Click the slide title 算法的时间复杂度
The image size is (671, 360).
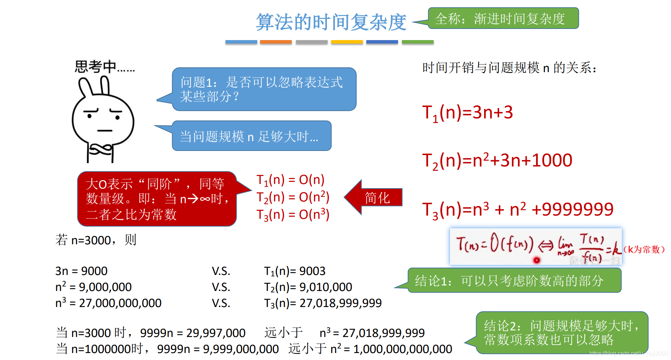[x=331, y=22]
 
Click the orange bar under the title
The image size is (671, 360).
[x=276, y=42]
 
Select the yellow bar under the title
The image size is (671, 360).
[x=347, y=42]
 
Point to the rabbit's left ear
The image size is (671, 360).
[x=85, y=87]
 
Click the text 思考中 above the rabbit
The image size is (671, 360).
[x=96, y=66]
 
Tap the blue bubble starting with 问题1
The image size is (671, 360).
[x=264, y=89]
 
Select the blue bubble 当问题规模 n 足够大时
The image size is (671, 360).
[x=251, y=136]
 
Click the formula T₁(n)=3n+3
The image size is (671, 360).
[x=467, y=113]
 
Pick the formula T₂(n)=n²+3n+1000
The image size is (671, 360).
[x=497, y=161]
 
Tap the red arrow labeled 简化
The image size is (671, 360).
[x=375, y=198]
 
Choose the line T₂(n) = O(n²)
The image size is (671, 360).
[x=292, y=197]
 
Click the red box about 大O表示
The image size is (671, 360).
[x=157, y=199]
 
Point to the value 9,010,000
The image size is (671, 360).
[x=326, y=287]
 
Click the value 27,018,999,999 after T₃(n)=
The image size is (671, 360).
[x=341, y=303]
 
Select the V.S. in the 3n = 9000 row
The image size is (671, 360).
[x=221, y=271]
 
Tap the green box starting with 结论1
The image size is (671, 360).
[x=514, y=281]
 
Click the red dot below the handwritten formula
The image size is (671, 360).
[x=536, y=260]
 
